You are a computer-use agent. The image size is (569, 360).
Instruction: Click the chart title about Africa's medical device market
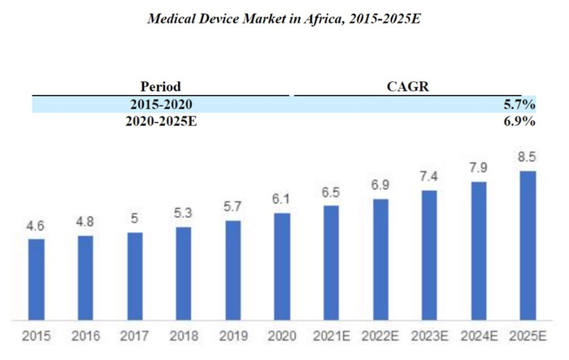pyautogui.click(x=284, y=18)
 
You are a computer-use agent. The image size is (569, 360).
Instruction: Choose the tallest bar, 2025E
pyautogui.click(x=528, y=245)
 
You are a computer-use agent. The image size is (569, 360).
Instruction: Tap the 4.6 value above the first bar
pyautogui.click(x=36, y=227)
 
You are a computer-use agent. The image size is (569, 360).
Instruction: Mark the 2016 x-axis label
pyautogui.click(x=85, y=336)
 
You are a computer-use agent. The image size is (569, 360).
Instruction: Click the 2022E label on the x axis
pyautogui.click(x=380, y=336)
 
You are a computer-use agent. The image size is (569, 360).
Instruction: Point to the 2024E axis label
pyautogui.click(x=479, y=336)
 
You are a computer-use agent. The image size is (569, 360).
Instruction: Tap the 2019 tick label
pyautogui.click(x=233, y=336)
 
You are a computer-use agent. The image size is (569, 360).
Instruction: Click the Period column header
pyautogui.click(x=160, y=86)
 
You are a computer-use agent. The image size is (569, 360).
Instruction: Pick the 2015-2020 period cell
pyautogui.click(x=160, y=104)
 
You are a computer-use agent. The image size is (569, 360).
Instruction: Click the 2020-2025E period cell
pyautogui.click(x=160, y=121)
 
